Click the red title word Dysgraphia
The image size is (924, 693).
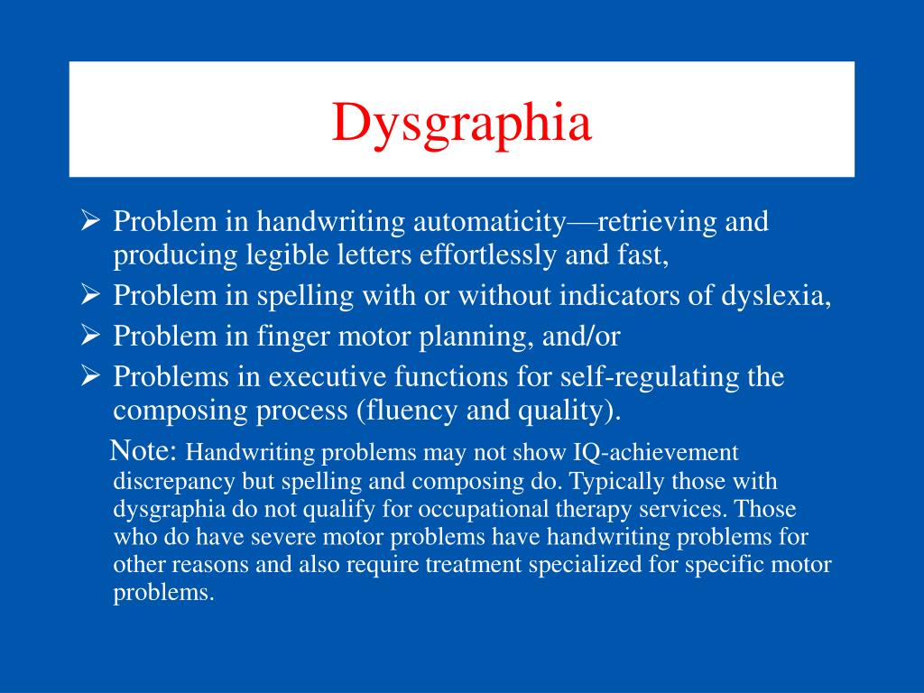(x=461, y=124)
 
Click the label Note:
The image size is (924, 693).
(x=145, y=450)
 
